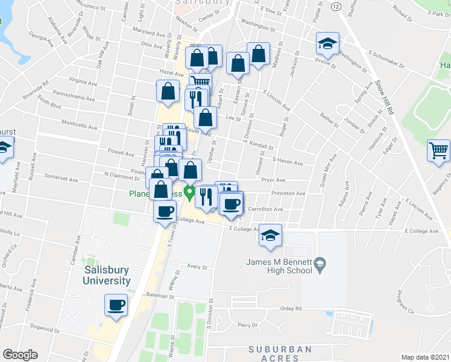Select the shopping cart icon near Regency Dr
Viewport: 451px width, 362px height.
point(438,151)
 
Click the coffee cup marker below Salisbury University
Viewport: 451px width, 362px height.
point(116,305)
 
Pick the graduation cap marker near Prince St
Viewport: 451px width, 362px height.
point(327,43)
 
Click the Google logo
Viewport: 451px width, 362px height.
point(20,355)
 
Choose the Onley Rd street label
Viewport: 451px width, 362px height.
point(290,308)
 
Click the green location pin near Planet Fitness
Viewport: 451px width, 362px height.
point(188,194)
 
